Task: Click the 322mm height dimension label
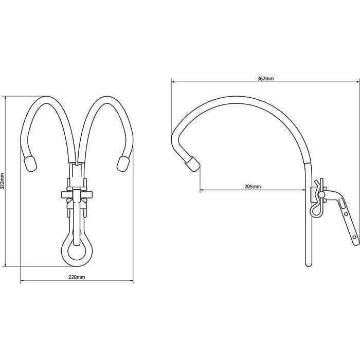pyautogui.click(x=3, y=181)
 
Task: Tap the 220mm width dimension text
pyautogui.click(x=77, y=277)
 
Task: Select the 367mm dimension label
pyautogui.click(x=265, y=78)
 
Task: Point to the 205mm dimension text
pyautogui.click(x=253, y=187)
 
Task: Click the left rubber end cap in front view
pyautogui.click(x=30, y=164)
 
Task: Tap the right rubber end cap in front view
pyautogui.click(x=123, y=164)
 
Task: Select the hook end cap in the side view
pyautogui.click(x=192, y=164)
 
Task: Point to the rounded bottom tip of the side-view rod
pyautogui.click(x=309, y=264)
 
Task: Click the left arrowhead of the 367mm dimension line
pyautogui.click(x=173, y=82)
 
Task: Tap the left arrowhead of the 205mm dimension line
pyautogui.click(x=202, y=190)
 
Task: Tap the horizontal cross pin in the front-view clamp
pyautogui.click(x=77, y=194)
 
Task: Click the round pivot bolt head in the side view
pyautogui.click(x=323, y=194)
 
